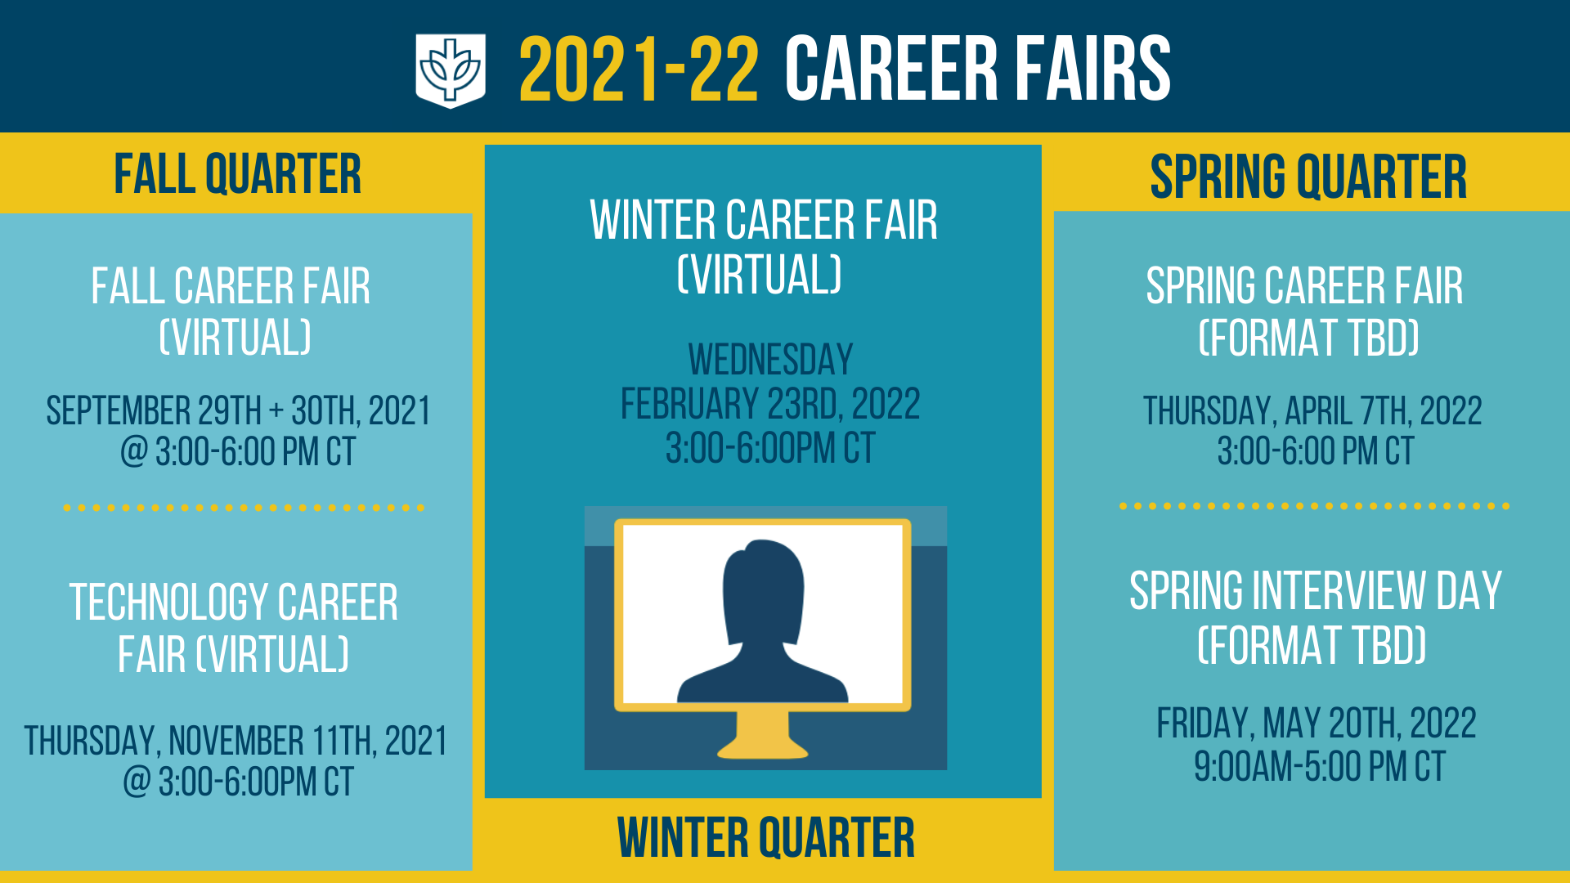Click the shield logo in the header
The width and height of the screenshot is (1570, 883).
point(451,70)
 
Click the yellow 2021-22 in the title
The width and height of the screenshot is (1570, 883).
point(639,70)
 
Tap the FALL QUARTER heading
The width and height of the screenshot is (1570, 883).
point(237,174)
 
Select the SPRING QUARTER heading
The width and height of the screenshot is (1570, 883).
point(1308,177)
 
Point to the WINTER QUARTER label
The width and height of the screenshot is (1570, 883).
point(766,838)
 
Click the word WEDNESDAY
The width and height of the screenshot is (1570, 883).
point(770,360)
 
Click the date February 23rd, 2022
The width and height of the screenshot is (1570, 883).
point(770,404)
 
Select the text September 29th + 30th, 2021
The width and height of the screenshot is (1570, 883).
point(238,410)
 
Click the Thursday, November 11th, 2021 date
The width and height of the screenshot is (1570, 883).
point(235,742)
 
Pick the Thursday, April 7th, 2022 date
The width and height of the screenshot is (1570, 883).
point(1312,410)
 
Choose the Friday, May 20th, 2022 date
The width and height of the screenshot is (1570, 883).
point(1317,724)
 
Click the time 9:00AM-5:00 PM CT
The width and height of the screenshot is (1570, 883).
point(1320,767)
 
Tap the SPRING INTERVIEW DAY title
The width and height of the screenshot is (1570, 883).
point(1316,591)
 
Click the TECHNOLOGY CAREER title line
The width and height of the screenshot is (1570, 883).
point(234,603)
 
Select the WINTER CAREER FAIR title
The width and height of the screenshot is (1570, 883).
point(764,221)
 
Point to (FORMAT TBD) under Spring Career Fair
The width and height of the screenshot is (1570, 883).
point(1308,338)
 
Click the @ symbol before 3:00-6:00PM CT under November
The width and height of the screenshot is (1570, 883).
point(137,782)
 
